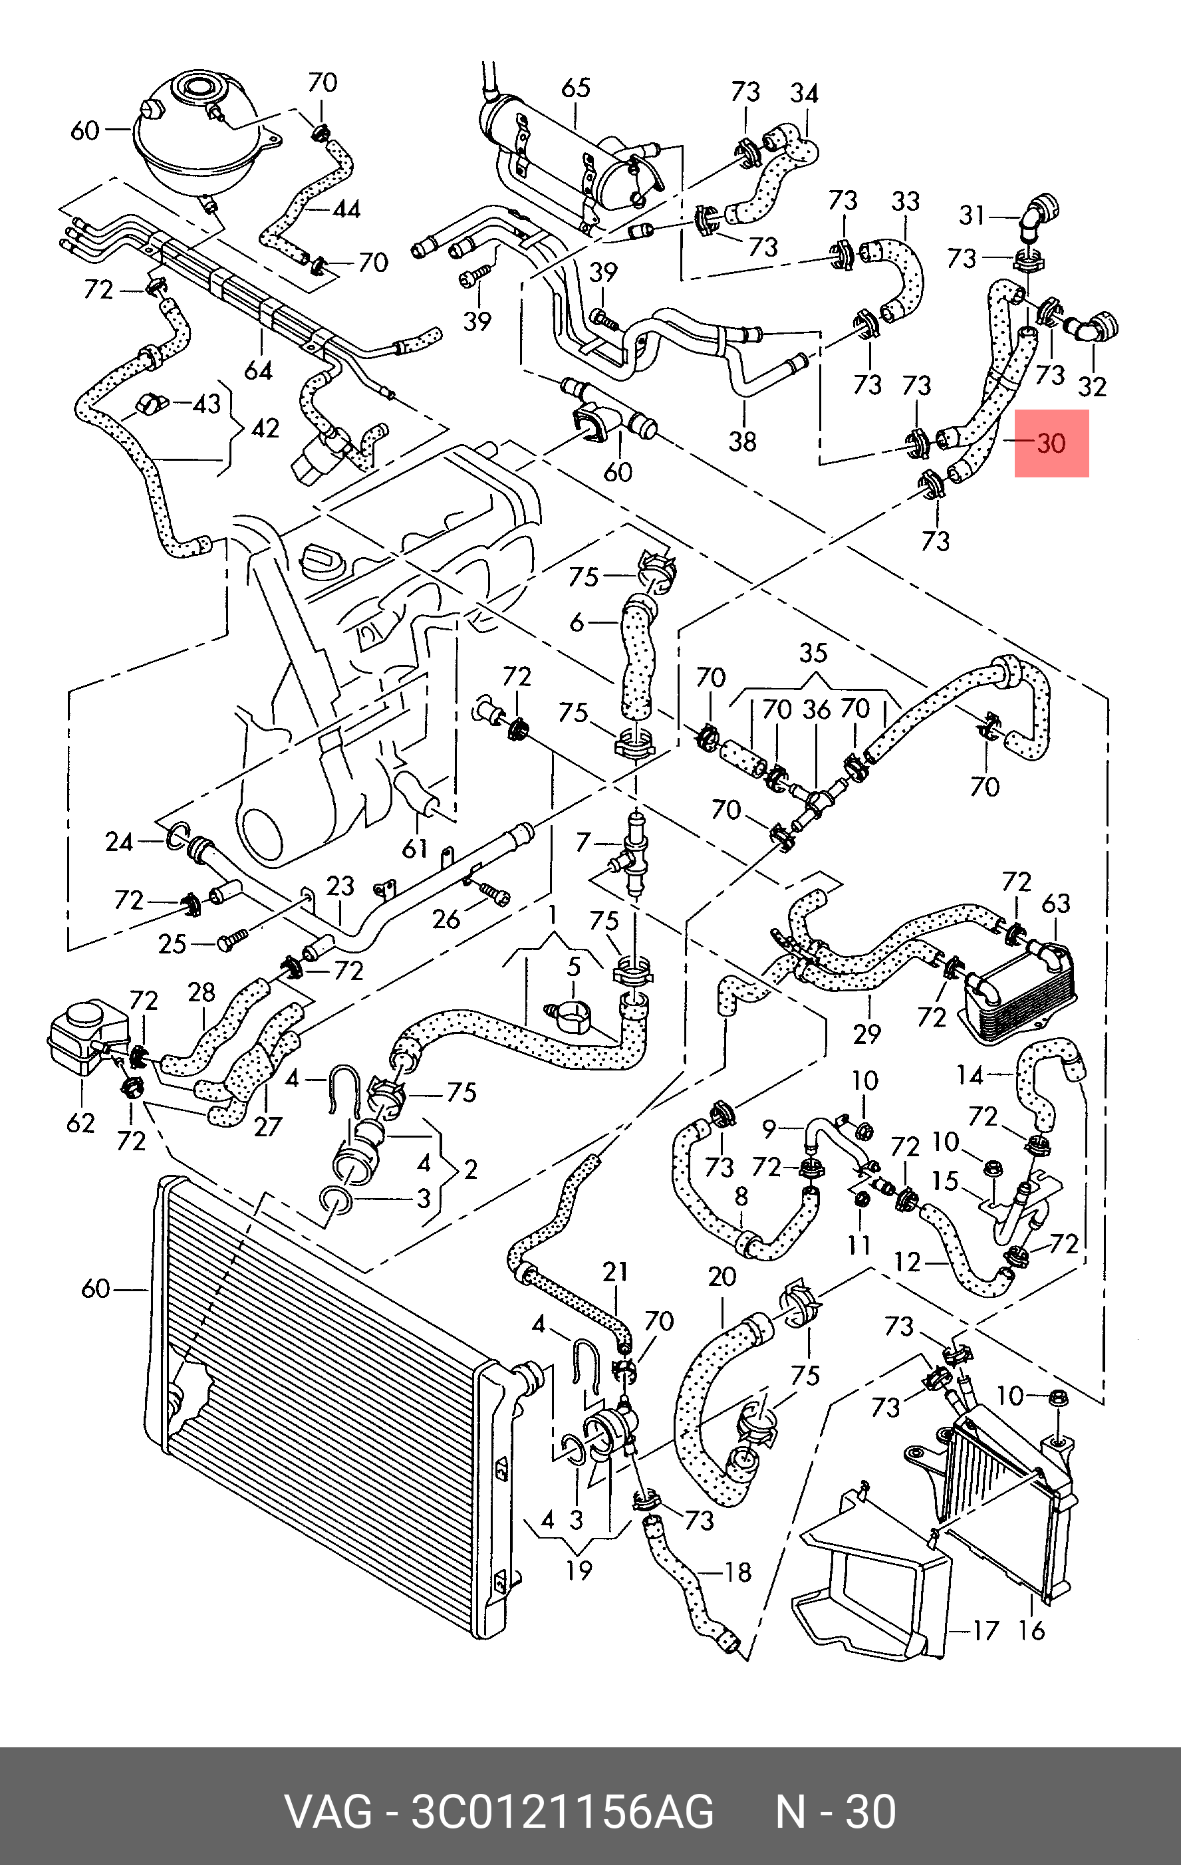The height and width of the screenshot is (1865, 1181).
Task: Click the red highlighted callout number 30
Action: click(x=1052, y=443)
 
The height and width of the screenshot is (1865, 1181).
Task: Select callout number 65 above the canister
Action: click(x=575, y=88)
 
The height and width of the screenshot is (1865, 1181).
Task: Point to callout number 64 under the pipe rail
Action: click(x=258, y=371)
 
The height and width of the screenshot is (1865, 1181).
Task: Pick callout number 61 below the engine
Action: click(x=416, y=849)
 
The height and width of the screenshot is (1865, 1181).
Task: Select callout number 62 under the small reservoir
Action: click(x=80, y=1122)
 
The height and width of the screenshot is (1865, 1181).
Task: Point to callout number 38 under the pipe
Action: click(x=742, y=441)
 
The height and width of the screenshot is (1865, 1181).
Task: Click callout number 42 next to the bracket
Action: click(x=265, y=428)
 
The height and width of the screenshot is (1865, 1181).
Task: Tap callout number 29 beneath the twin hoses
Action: click(x=866, y=1033)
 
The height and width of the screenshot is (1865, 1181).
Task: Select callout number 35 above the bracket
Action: click(x=813, y=653)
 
